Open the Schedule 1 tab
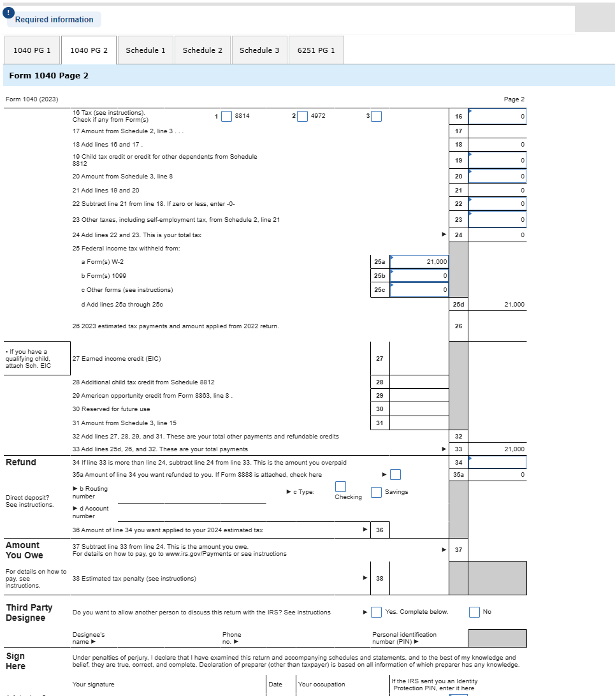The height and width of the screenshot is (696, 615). click(145, 50)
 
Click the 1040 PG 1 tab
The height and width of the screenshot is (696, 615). click(32, 50)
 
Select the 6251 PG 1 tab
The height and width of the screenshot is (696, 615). click(316, 50)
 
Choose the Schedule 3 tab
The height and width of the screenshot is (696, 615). click(259, 50)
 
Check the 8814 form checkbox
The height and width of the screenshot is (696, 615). click(226, 116)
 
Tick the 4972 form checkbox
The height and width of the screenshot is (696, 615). click(302, 116)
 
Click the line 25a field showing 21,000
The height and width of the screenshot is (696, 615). click(419, 262)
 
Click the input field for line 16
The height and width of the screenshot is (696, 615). click(497, 117)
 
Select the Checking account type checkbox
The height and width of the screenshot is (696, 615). click(341, 487)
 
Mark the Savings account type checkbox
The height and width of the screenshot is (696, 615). click(377, 492)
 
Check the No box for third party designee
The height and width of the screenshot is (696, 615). click(474, 612)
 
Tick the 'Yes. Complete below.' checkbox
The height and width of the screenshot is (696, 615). click(377, 612)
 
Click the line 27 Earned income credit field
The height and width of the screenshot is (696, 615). click(419, 358)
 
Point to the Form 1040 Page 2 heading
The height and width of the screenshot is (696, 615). click(49, 75)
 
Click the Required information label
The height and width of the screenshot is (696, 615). click(54, 20)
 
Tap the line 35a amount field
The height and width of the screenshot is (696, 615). click(497, 475)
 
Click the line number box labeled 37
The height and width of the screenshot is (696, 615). click(458, 549)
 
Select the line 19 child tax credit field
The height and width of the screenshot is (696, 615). click(497, 160)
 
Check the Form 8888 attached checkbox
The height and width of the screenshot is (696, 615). click(396, 474)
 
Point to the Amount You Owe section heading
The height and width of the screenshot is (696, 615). click(24, 550)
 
